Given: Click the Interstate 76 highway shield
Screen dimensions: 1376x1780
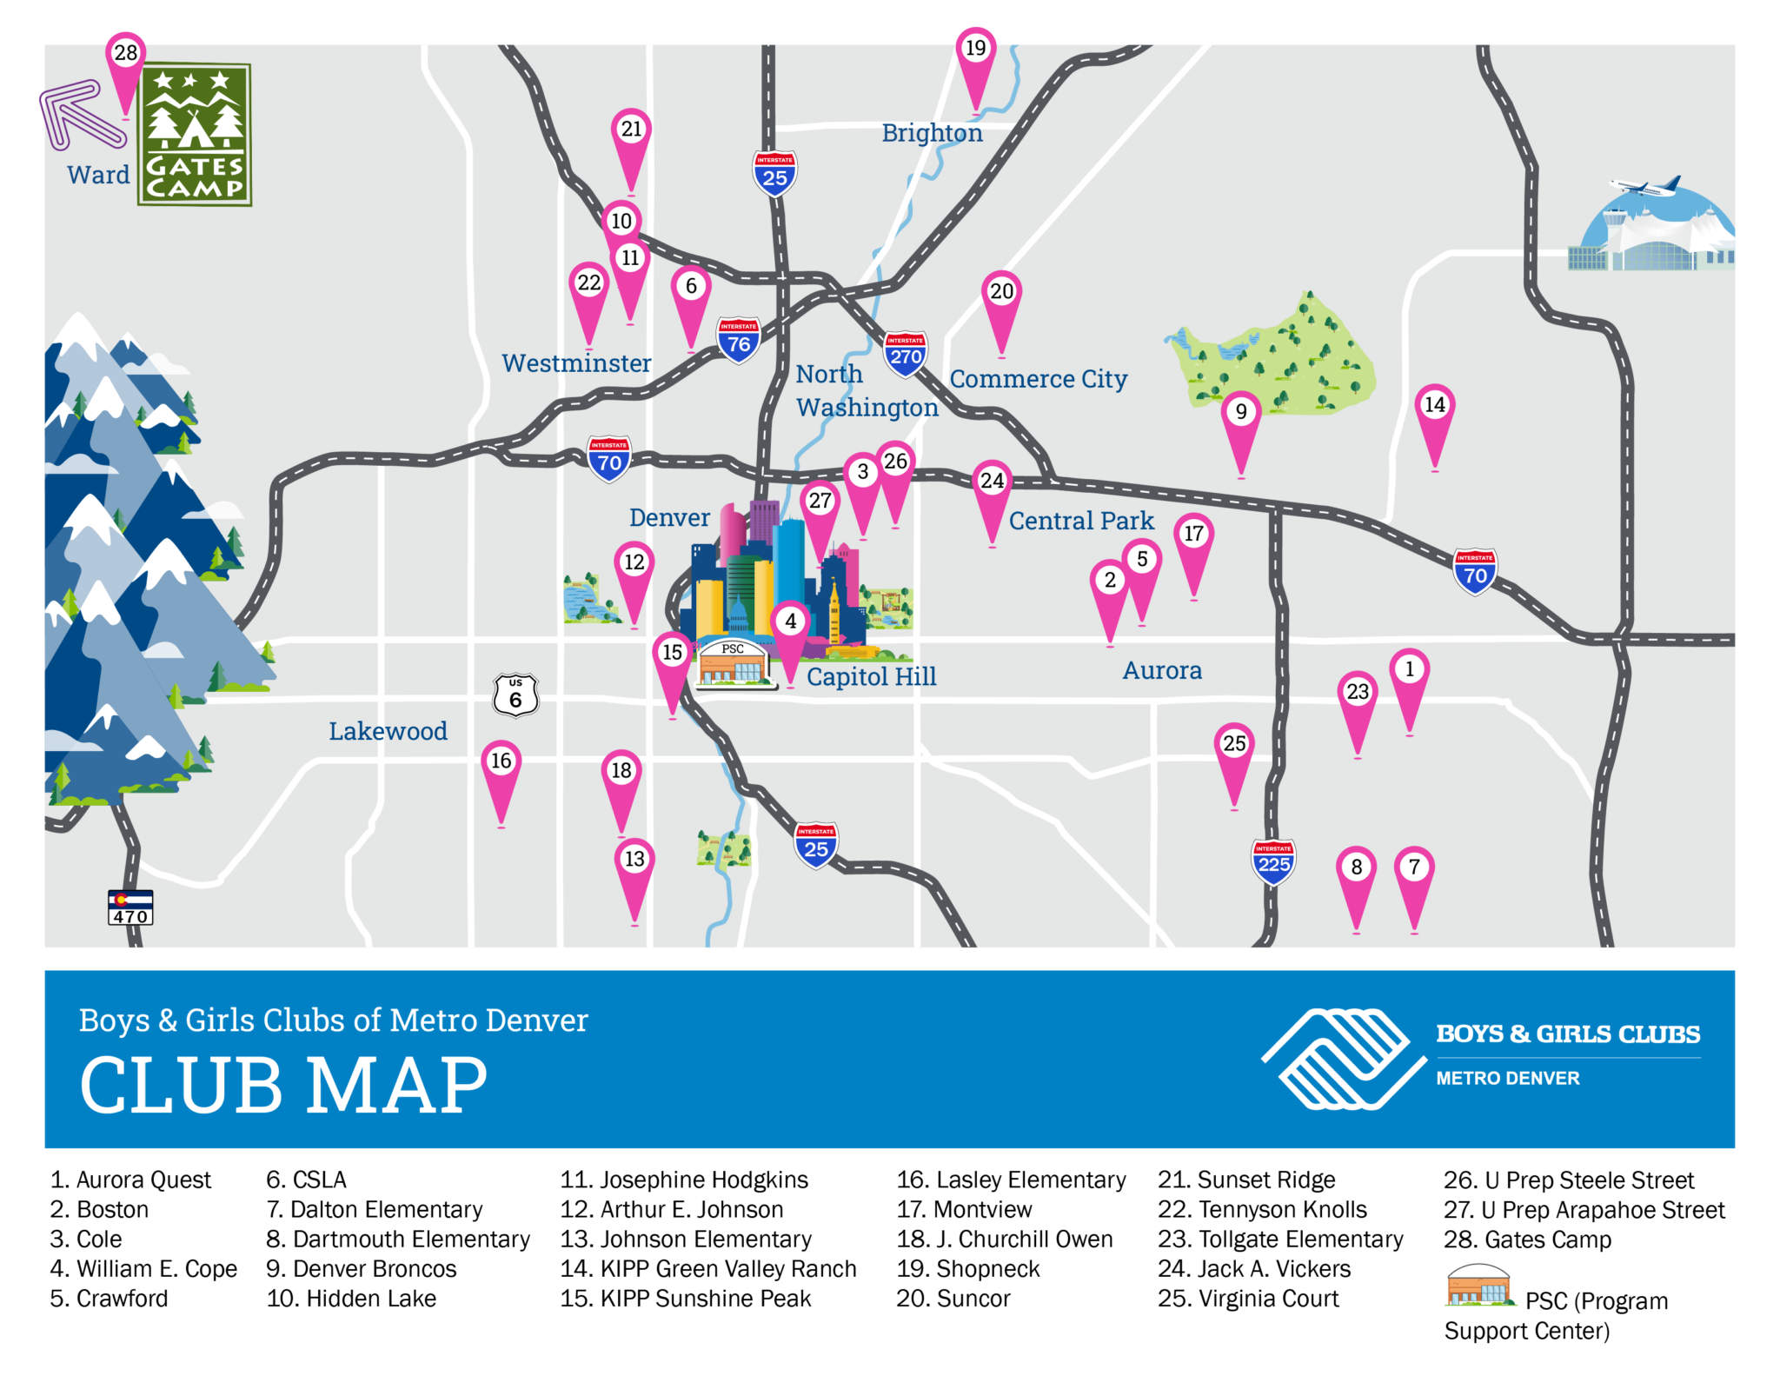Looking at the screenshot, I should coord(739,340).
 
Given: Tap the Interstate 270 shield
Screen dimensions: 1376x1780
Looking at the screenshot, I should coord(906,353).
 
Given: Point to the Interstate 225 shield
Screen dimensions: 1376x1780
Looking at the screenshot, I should coord(1273,861).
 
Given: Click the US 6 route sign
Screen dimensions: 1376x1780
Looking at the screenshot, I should coord(515,695).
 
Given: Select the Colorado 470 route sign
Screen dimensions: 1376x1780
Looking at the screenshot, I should coord(130,907).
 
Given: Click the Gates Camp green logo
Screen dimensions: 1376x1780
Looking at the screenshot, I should coord(195,135).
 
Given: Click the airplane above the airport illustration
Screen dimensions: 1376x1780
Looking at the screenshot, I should coord(1645,186).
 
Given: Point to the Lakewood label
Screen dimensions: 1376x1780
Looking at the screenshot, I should coord(388,732).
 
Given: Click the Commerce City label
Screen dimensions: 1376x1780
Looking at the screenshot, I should coord(1038,379).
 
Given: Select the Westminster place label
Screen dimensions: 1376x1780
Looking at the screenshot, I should coord(576,363).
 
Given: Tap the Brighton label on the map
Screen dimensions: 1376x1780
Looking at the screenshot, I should coord(932,133).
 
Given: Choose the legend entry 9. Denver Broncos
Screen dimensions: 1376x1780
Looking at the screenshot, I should coord(362,1269).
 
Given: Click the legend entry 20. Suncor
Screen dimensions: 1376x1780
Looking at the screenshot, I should coord(953,1299).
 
